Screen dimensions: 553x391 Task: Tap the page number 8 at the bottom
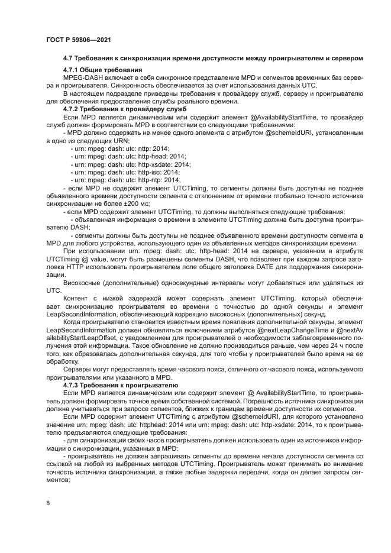coord(48,503)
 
